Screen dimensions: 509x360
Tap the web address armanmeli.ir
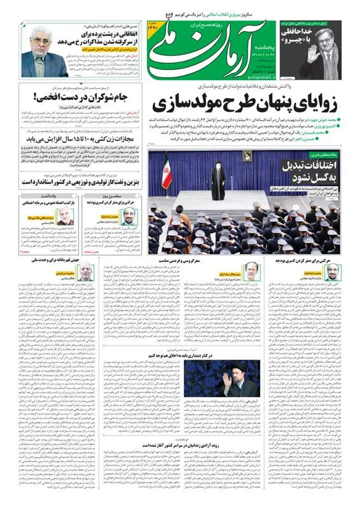coord(259,77)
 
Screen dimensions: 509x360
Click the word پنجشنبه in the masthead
coord(262,47)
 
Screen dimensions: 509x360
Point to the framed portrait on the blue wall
coord(247,156)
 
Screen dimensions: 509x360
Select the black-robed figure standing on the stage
coord(218,183)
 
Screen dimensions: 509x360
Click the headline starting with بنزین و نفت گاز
coord(80,182)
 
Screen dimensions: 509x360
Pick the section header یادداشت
coord(49,196)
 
